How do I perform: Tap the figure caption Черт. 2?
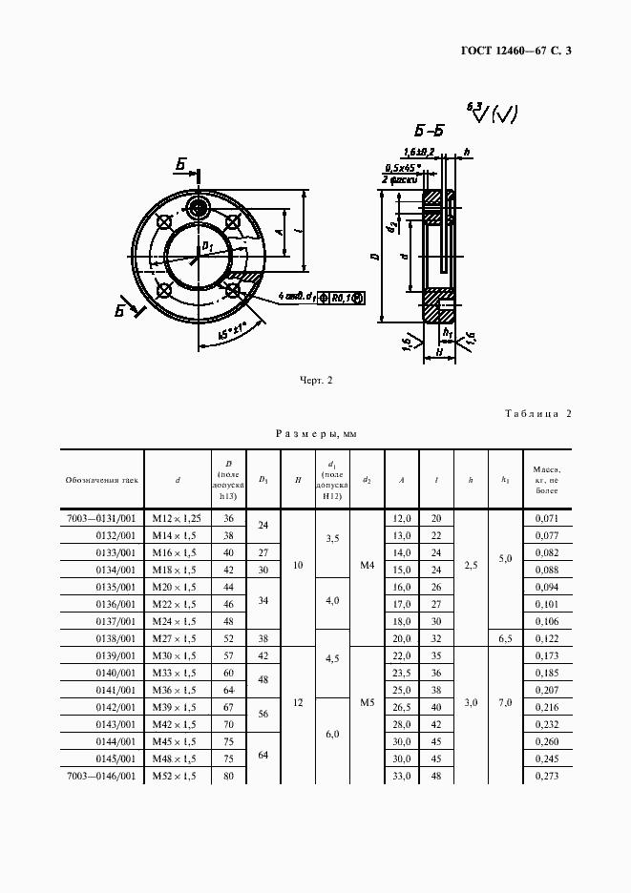point(316,381)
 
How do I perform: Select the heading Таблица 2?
point(536,413)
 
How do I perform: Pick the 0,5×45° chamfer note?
point(404,168)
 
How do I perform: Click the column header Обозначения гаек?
point(102,479)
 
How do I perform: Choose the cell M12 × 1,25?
point(179,518)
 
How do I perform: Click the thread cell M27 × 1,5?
point(179,637)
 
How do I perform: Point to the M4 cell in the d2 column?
point(367,565)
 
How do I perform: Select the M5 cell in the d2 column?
point(367,701)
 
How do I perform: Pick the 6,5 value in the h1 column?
point(506,637)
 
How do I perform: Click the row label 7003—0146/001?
point(102,778)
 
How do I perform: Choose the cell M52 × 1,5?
point(179,778)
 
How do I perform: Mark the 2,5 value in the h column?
point(471,565)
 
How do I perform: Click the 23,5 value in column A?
point(402,673)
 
